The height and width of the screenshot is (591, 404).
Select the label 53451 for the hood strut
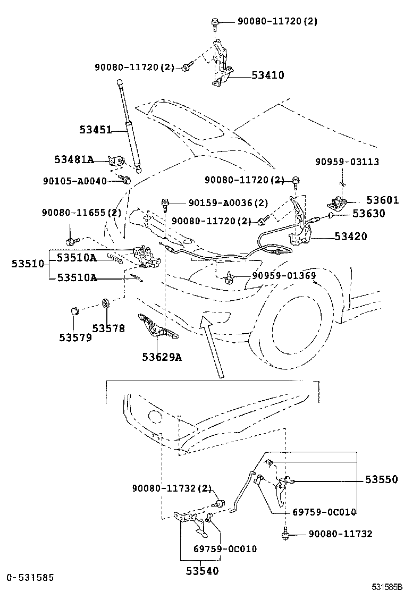click(x=96, y=129)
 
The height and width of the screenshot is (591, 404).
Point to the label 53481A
click(x=74, y=159)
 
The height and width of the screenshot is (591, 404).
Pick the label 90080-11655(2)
click(x=82, y=213)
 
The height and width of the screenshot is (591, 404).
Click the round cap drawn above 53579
click(x=75, y=310)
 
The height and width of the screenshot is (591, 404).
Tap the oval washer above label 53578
click(x=106, y=303)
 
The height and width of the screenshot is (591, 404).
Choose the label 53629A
click(x=162, y=357)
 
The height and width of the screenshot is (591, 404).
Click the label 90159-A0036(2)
click(x=228, y=203)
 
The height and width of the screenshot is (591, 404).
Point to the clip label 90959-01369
click(x=284, y=275)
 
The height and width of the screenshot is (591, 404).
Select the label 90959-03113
click(x=347, y=162)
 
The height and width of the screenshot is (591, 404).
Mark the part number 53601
click(x=382, y=200)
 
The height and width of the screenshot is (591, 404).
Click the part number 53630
click(x=368, y=214)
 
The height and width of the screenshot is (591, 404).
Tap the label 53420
click(x=351, y=237)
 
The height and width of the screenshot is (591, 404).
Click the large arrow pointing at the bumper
click(x=211, y=345)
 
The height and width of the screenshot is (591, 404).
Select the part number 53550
click(x=381, y=479)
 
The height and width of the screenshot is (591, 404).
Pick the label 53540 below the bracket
click(x=201, y=571)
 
